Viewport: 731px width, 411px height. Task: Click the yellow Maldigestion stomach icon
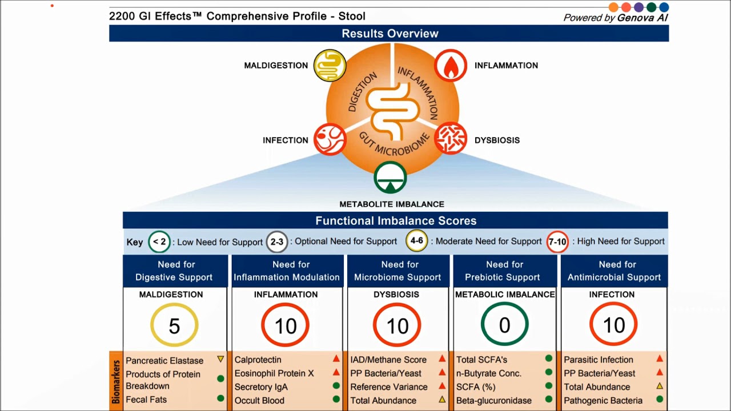pos(330,66)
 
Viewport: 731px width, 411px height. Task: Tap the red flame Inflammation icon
pos(451,66)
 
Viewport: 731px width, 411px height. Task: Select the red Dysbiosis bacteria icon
pos(451,139)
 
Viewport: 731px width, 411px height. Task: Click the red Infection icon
pos(330,139)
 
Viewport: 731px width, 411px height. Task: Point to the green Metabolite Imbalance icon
pos(390,178)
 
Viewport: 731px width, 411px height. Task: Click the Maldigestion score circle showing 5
pos(174,325)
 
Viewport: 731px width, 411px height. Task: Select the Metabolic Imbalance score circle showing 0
pos(504,325)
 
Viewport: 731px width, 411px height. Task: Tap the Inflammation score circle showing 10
pos(286,325)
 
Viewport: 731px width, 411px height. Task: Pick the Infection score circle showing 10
pos(613,325)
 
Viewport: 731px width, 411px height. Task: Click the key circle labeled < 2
pos(159,241)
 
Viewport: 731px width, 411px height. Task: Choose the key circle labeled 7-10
pos(557,241)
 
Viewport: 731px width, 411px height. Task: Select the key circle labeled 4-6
pos(417,241)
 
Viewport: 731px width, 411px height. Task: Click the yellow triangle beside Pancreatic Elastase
pos(220,360)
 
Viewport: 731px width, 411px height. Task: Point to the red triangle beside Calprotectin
pos(336,359)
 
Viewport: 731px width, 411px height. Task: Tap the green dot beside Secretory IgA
pos(336,386)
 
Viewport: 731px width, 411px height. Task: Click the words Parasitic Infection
pos(599,360)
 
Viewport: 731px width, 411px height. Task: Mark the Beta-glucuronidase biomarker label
pos(494,401)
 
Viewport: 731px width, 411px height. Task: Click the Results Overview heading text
pos(390,34)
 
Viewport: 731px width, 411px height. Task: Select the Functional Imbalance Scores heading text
pos(396,221)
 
